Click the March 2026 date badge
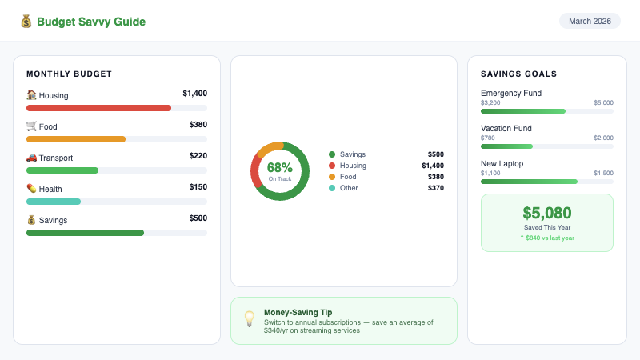[590, 21]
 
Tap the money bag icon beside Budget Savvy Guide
[26, 22]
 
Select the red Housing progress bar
[98, 108]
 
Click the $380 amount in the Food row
[198, 125]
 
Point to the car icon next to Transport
[31, 158]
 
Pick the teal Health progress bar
[54, 202]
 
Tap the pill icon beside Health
[31, 189]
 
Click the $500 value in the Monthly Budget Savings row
[198, 218]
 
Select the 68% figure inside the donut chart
[279, 168]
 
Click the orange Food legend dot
[332, 177]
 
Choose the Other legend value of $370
[435, 188]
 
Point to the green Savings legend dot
[332, 154]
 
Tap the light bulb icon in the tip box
[249, 319]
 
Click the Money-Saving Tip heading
[298, 312]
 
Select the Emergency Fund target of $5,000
[603, 103]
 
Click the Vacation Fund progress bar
[546, 146]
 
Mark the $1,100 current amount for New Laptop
[490, 174]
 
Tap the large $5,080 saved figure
[547, 213]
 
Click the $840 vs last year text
[547, 238]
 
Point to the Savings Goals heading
[518, 74]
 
